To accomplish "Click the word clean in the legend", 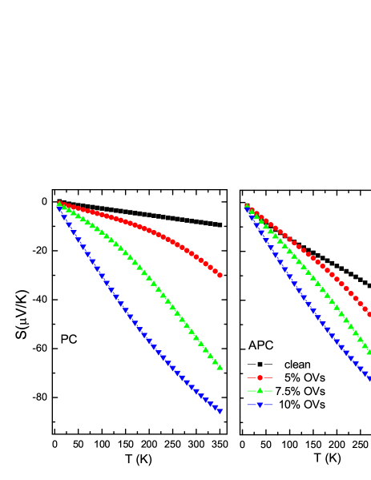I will tap(297, 365).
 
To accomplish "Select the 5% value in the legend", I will tap(292, 377).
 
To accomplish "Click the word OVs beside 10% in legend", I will tap(314, 405).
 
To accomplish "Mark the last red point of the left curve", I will tap(220, 275).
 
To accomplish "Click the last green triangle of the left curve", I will tap(220, 366).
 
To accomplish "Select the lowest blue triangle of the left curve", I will tap(220, 410).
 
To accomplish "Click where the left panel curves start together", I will tap(59, 204).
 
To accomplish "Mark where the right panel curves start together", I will tap(247, 207).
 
